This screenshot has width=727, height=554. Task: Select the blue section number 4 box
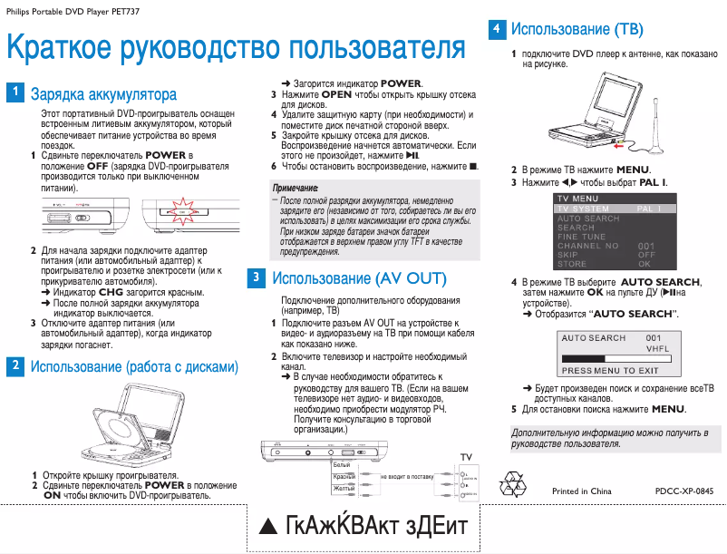coord(496,28)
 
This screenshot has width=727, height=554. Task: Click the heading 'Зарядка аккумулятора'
coord(103,93)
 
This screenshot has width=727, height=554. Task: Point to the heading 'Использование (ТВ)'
coord(577,29)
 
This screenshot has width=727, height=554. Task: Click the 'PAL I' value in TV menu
coord(650,209)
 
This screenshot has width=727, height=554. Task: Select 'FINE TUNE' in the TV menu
coord(582,237)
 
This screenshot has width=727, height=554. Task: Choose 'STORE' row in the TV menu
coord(572,264)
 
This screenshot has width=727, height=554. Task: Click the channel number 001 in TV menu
coord(646,246)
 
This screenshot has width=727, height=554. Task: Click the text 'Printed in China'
coord(582,491)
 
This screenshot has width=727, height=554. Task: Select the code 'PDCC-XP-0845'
coord(684,491)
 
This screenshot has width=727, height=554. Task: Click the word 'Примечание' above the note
coord(296,187)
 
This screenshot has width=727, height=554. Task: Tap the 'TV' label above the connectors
coord(466,455)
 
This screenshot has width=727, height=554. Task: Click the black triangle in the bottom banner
coord(267,528)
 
